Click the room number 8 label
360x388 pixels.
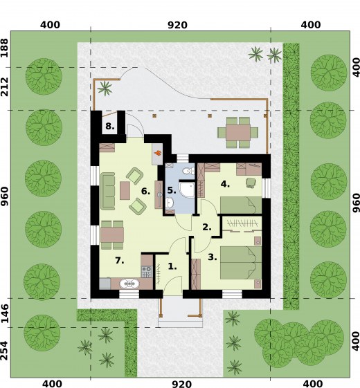pyautogui.click(x=110, y=126)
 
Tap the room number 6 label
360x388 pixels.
pyautogui.click(x=145, y=192)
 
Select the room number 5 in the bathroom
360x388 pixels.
pyautogui.click(x=172, y=190)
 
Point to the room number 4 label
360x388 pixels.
pyautogui.click(x=225, y=184)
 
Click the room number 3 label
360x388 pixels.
pyautogui.click(x=213, y=257)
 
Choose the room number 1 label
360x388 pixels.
pyautogui.click(x=172, y=266)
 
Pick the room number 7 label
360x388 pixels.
pyautogui.click(x=120, y=260)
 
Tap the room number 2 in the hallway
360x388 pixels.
pyautogui.click(x=207, y=227)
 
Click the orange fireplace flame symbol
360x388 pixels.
pyautogui.click(x=158, y=153)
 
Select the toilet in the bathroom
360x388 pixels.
pyautogui.click(x=188, y=171)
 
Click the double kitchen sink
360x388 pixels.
pyautogui.click(x=129, y=284)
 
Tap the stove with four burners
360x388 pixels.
pyautogui.click(x=147, y=272)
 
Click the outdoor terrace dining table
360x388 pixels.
pyautogui.click(x=238, y=133)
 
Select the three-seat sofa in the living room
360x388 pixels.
pyautogui.click(x=108, y=191)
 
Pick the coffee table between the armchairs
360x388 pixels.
pyautogui.click(x=125, y=190)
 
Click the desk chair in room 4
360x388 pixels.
pyautogui.click(x=251, y=183)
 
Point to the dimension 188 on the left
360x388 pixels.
pyautogui.click(x=5, y=48)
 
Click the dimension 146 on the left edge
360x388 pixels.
pyautogui.click(x=5, y=313)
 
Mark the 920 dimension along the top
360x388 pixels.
pyautogui.click(x=177, y=25)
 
